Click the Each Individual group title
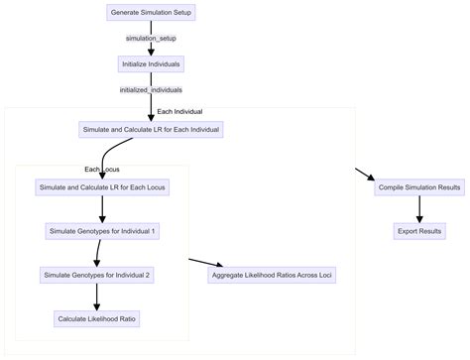[x=178, y=111]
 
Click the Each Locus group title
[x=102, y=169]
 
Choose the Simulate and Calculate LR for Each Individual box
[x=150, y=130]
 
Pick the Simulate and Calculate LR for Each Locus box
[x=103, y=187]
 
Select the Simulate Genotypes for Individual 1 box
[x=103, y=231]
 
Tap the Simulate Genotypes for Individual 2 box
[x=96, y=275]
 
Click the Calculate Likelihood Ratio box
[x=96, y=318]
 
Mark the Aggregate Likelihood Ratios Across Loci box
[x=272, y=275]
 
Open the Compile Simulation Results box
[x=419, y=187]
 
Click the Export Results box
[x=419, y=231]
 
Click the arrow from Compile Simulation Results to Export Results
[x=419, y=209]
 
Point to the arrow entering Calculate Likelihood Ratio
[x=96, y=297]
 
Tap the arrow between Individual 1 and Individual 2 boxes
[x=99, y=253]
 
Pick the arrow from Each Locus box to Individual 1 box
[x=103, y=209]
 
